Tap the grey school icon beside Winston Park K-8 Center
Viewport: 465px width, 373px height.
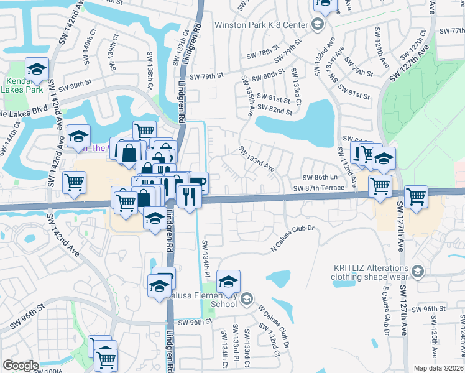(317, 25)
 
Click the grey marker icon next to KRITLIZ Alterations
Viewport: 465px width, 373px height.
(418, 270)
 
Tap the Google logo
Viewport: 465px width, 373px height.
(21, 366)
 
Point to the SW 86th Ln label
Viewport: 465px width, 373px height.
(319, 177)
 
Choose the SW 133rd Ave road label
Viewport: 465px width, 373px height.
(256, 159)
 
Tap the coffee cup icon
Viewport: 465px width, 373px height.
(198, 182)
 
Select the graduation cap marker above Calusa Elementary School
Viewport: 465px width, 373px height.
(229, 282)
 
